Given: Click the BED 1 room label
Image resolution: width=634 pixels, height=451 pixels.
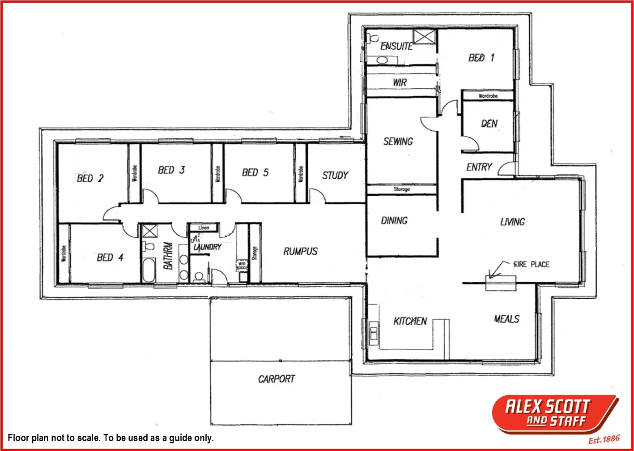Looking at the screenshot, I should point(481,58).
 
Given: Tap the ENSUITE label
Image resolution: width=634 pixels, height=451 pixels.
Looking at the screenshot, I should point(396,46).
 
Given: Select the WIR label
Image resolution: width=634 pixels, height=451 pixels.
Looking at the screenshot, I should point(400,82).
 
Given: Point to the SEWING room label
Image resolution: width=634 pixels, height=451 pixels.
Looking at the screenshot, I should point(398,142).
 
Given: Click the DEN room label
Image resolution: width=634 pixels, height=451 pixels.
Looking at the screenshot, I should point(489,124).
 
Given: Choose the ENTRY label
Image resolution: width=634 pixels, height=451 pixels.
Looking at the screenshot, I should point(479,167).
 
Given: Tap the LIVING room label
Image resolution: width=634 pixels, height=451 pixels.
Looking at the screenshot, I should point(512,222).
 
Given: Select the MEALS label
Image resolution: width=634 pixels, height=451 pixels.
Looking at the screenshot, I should point(506,319).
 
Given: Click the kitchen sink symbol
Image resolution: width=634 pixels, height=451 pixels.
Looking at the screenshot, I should point(374,333).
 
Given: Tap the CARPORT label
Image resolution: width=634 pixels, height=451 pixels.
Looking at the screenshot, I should point(277,379).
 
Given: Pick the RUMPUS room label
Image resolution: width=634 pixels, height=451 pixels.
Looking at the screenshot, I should point(300,252).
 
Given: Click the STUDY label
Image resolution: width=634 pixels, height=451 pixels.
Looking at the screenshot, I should point(335,176).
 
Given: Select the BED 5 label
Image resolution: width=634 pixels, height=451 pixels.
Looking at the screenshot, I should point(255,173).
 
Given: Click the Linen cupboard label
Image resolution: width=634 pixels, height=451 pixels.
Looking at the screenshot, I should point(204,228).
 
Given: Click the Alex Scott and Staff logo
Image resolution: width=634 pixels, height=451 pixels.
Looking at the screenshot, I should point(555,414).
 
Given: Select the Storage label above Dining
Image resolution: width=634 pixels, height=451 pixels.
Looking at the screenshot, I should point(401,189).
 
